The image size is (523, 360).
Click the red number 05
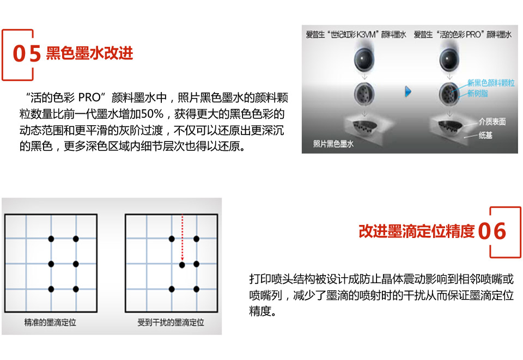tap(27, 54)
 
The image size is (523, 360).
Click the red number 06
tap(492, 231)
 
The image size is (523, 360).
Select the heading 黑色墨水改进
tap(89, 53)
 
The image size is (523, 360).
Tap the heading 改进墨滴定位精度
tap(416, 231)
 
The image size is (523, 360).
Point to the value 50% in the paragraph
tap(152, 114)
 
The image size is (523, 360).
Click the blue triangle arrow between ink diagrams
tap(407, 92)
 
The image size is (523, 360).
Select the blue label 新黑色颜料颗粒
tap(490, 83)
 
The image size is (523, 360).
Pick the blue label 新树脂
tap(478, 94)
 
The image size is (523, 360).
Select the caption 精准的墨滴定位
tap(50, 322)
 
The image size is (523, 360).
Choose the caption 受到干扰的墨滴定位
tap(171, 322)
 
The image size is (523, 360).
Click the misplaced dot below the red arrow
tap(183, 265)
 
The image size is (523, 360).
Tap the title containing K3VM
tap(355, 35)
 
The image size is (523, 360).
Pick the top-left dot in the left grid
tap(51, 239)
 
